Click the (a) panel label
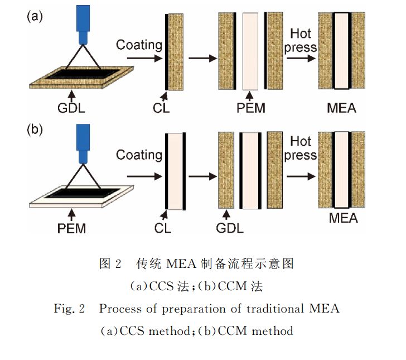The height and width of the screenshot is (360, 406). [x=35, y=16]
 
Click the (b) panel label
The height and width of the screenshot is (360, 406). [x=35, y=132]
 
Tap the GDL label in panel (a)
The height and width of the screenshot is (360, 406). [x=71, y=108]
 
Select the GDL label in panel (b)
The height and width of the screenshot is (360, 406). [x=229, y=227]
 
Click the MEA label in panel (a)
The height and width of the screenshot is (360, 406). [x=341, y=108]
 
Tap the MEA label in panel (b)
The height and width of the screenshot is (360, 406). [x=342, y=217]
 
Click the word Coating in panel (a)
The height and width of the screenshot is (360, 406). [x=139, y=45]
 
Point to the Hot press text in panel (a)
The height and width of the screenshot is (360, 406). [x=301, y=40]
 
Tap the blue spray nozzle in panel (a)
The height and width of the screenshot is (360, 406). [x=84, y=25]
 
